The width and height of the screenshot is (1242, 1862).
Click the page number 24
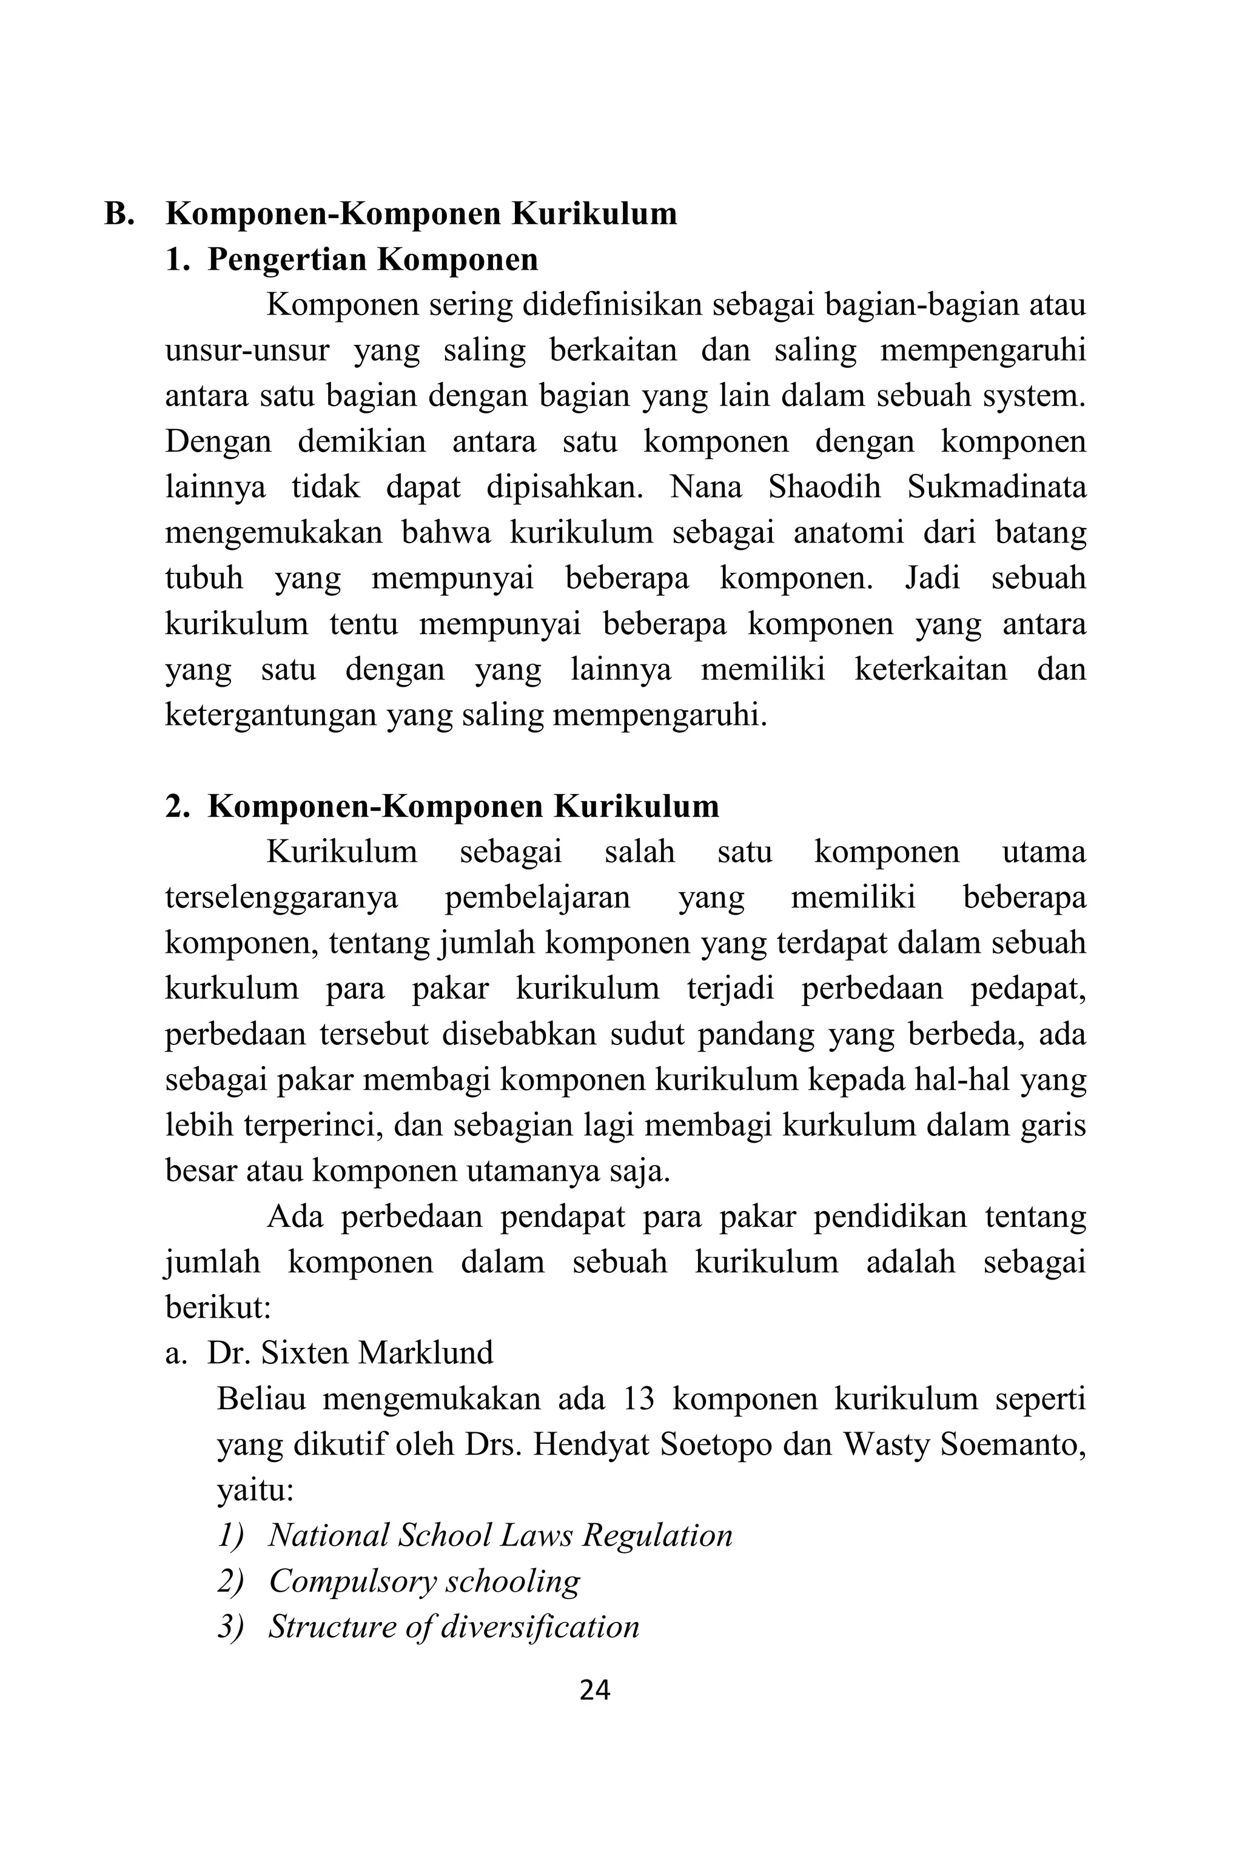point(595,1690)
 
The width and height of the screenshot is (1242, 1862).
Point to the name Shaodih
point(824,487)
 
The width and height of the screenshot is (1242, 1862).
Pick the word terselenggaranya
point(281,898)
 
